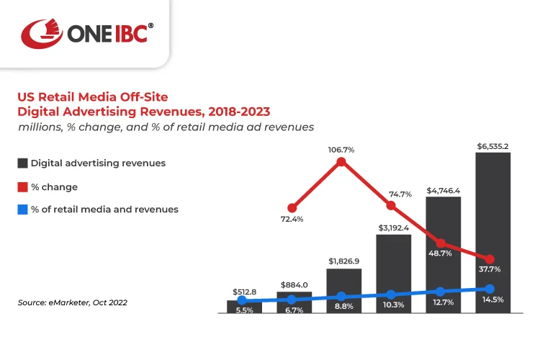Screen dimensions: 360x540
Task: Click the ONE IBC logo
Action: (86, 33)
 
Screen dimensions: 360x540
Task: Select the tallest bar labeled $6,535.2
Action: (492, 230)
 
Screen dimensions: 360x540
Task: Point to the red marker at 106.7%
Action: (341, 162)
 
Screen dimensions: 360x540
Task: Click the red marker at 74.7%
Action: (391, 205)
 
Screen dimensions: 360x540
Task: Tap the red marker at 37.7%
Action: (490, 258)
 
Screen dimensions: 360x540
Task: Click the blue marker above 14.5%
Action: (490, 289)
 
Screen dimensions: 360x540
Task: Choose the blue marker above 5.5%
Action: (242, 300)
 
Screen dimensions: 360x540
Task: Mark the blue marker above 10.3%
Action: (391, 294)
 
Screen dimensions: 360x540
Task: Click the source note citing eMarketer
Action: (72, 302)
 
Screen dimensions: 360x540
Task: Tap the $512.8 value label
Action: (244, 291)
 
